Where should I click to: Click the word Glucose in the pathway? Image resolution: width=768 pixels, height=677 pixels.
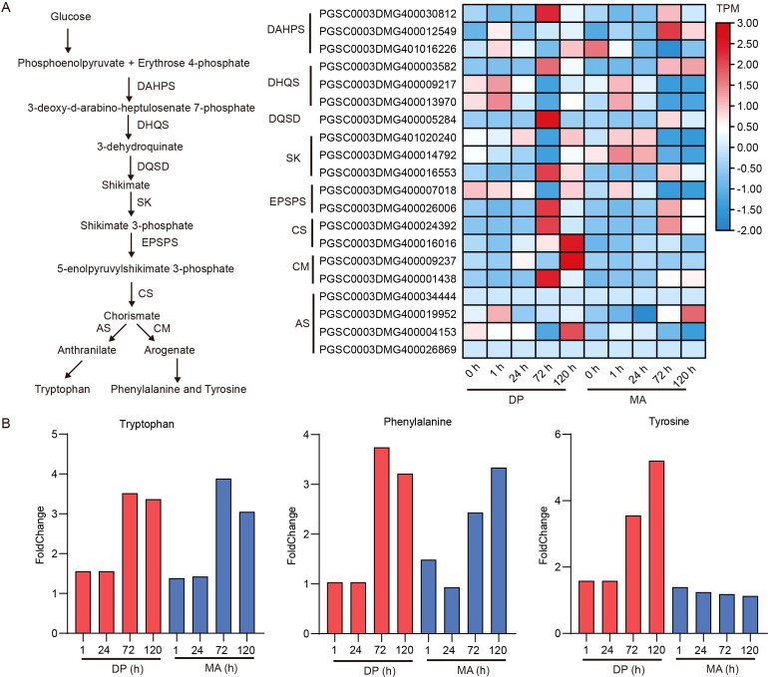pyautogui.click(x=71, y=17)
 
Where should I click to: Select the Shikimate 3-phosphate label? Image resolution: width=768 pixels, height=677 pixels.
pyautogui.click(x=137, y=225)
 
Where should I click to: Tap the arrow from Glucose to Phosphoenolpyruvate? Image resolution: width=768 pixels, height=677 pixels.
pyautogui.click(x=68, y=41)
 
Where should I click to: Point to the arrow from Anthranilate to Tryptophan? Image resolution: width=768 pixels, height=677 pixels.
pyautogui.click(x=74, y=370)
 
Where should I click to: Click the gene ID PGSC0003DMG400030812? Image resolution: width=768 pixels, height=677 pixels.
pyautogui.click(x=387, y=14)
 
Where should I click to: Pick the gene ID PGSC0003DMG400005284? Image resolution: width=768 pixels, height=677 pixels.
pyautogui.click(x=387, y=120)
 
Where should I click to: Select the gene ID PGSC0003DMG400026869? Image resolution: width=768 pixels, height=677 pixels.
pyautogui.click(x=387, y=350)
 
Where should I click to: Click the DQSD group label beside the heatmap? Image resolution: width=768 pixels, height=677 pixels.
pyautogui.click(x=284, y=119)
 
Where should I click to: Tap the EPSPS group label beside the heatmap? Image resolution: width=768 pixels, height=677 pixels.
pyautogui.click(x=287, y=201)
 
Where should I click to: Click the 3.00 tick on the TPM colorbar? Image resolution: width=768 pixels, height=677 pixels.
pyautogui.click(x=747, y=24)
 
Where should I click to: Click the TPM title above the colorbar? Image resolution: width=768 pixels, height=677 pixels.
pyautogui.click(x=727, y=8)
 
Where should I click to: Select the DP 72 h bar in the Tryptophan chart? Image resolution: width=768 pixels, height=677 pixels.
pyautogui.click(x=130, y=563)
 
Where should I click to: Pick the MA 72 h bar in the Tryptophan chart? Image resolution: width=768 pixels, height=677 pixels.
pyautogui.click(x=223, y=556)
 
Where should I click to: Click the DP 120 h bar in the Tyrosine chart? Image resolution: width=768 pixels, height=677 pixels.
pyautogui.click(x=656, y=547)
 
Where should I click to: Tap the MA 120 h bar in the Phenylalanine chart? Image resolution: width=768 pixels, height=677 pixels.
pyautogui.click(x=498, y=550)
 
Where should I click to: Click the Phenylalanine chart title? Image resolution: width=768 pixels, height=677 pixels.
pyautogui.click(x=417, y=422)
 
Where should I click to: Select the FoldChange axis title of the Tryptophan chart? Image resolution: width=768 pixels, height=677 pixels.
pyautogui.click(x=40, y=535)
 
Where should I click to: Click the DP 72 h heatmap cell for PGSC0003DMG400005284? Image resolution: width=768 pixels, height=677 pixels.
pyautogui.click(x=548, y=120)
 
